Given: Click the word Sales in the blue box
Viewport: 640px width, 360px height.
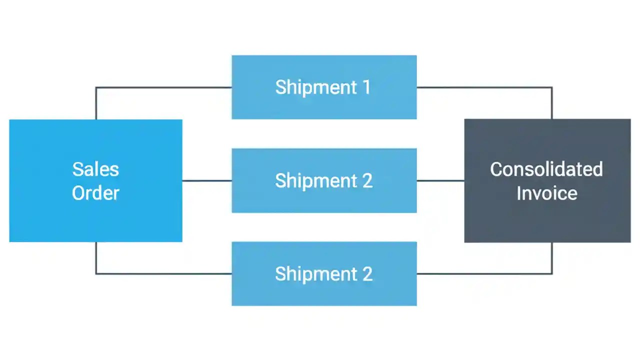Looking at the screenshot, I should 95,169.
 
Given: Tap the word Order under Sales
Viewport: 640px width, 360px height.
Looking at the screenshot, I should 95,193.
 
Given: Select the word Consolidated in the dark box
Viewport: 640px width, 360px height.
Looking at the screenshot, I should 546,169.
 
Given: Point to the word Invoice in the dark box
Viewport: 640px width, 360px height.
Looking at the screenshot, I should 546,193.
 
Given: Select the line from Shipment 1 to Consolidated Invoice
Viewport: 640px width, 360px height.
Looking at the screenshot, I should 485,87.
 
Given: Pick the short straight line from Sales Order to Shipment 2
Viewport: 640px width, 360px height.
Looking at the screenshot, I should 206,180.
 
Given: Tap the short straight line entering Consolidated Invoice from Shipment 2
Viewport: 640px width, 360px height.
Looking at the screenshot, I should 440,180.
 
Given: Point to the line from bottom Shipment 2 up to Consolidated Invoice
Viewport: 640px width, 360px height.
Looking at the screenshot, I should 485,273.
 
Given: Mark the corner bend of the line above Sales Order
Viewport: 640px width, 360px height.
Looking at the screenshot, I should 96,87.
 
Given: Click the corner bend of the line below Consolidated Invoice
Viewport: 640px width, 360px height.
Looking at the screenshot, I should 552,273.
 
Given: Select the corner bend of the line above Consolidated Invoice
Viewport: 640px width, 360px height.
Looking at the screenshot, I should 552,87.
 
